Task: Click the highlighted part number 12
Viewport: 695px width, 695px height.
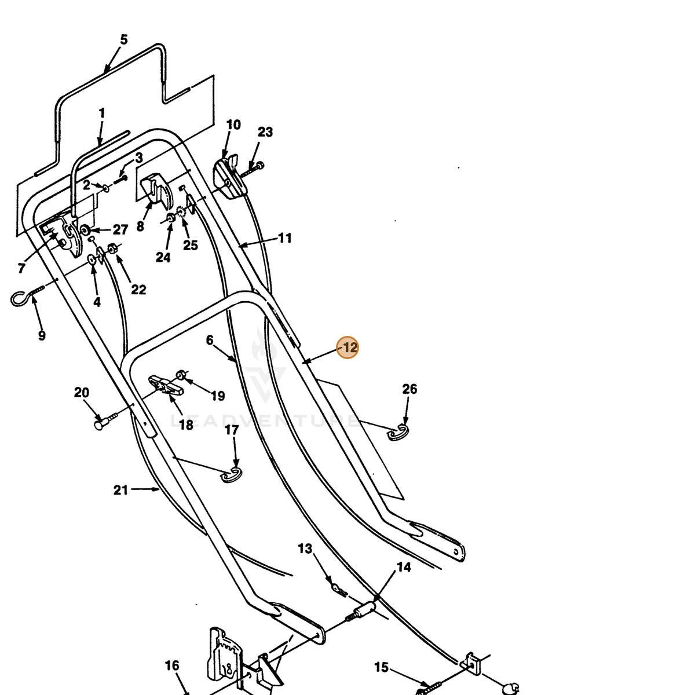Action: (348, 348)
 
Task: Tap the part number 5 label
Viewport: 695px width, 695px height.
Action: (124, 40)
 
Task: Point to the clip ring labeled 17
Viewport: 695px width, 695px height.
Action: (232, 475)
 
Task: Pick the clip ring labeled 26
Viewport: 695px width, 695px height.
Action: (398, 433)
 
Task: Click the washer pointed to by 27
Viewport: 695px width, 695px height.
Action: (86, 230)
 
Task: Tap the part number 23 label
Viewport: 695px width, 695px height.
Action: (265, 132)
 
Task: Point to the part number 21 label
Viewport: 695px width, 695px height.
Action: (120, 490)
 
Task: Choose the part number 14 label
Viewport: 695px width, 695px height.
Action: (404, 568)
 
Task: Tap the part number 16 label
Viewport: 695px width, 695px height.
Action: (171, 666)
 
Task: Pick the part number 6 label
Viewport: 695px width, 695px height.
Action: (210, 340)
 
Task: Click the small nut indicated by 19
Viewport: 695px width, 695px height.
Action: (181, 375)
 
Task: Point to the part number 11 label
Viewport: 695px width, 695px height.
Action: (285, 238)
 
